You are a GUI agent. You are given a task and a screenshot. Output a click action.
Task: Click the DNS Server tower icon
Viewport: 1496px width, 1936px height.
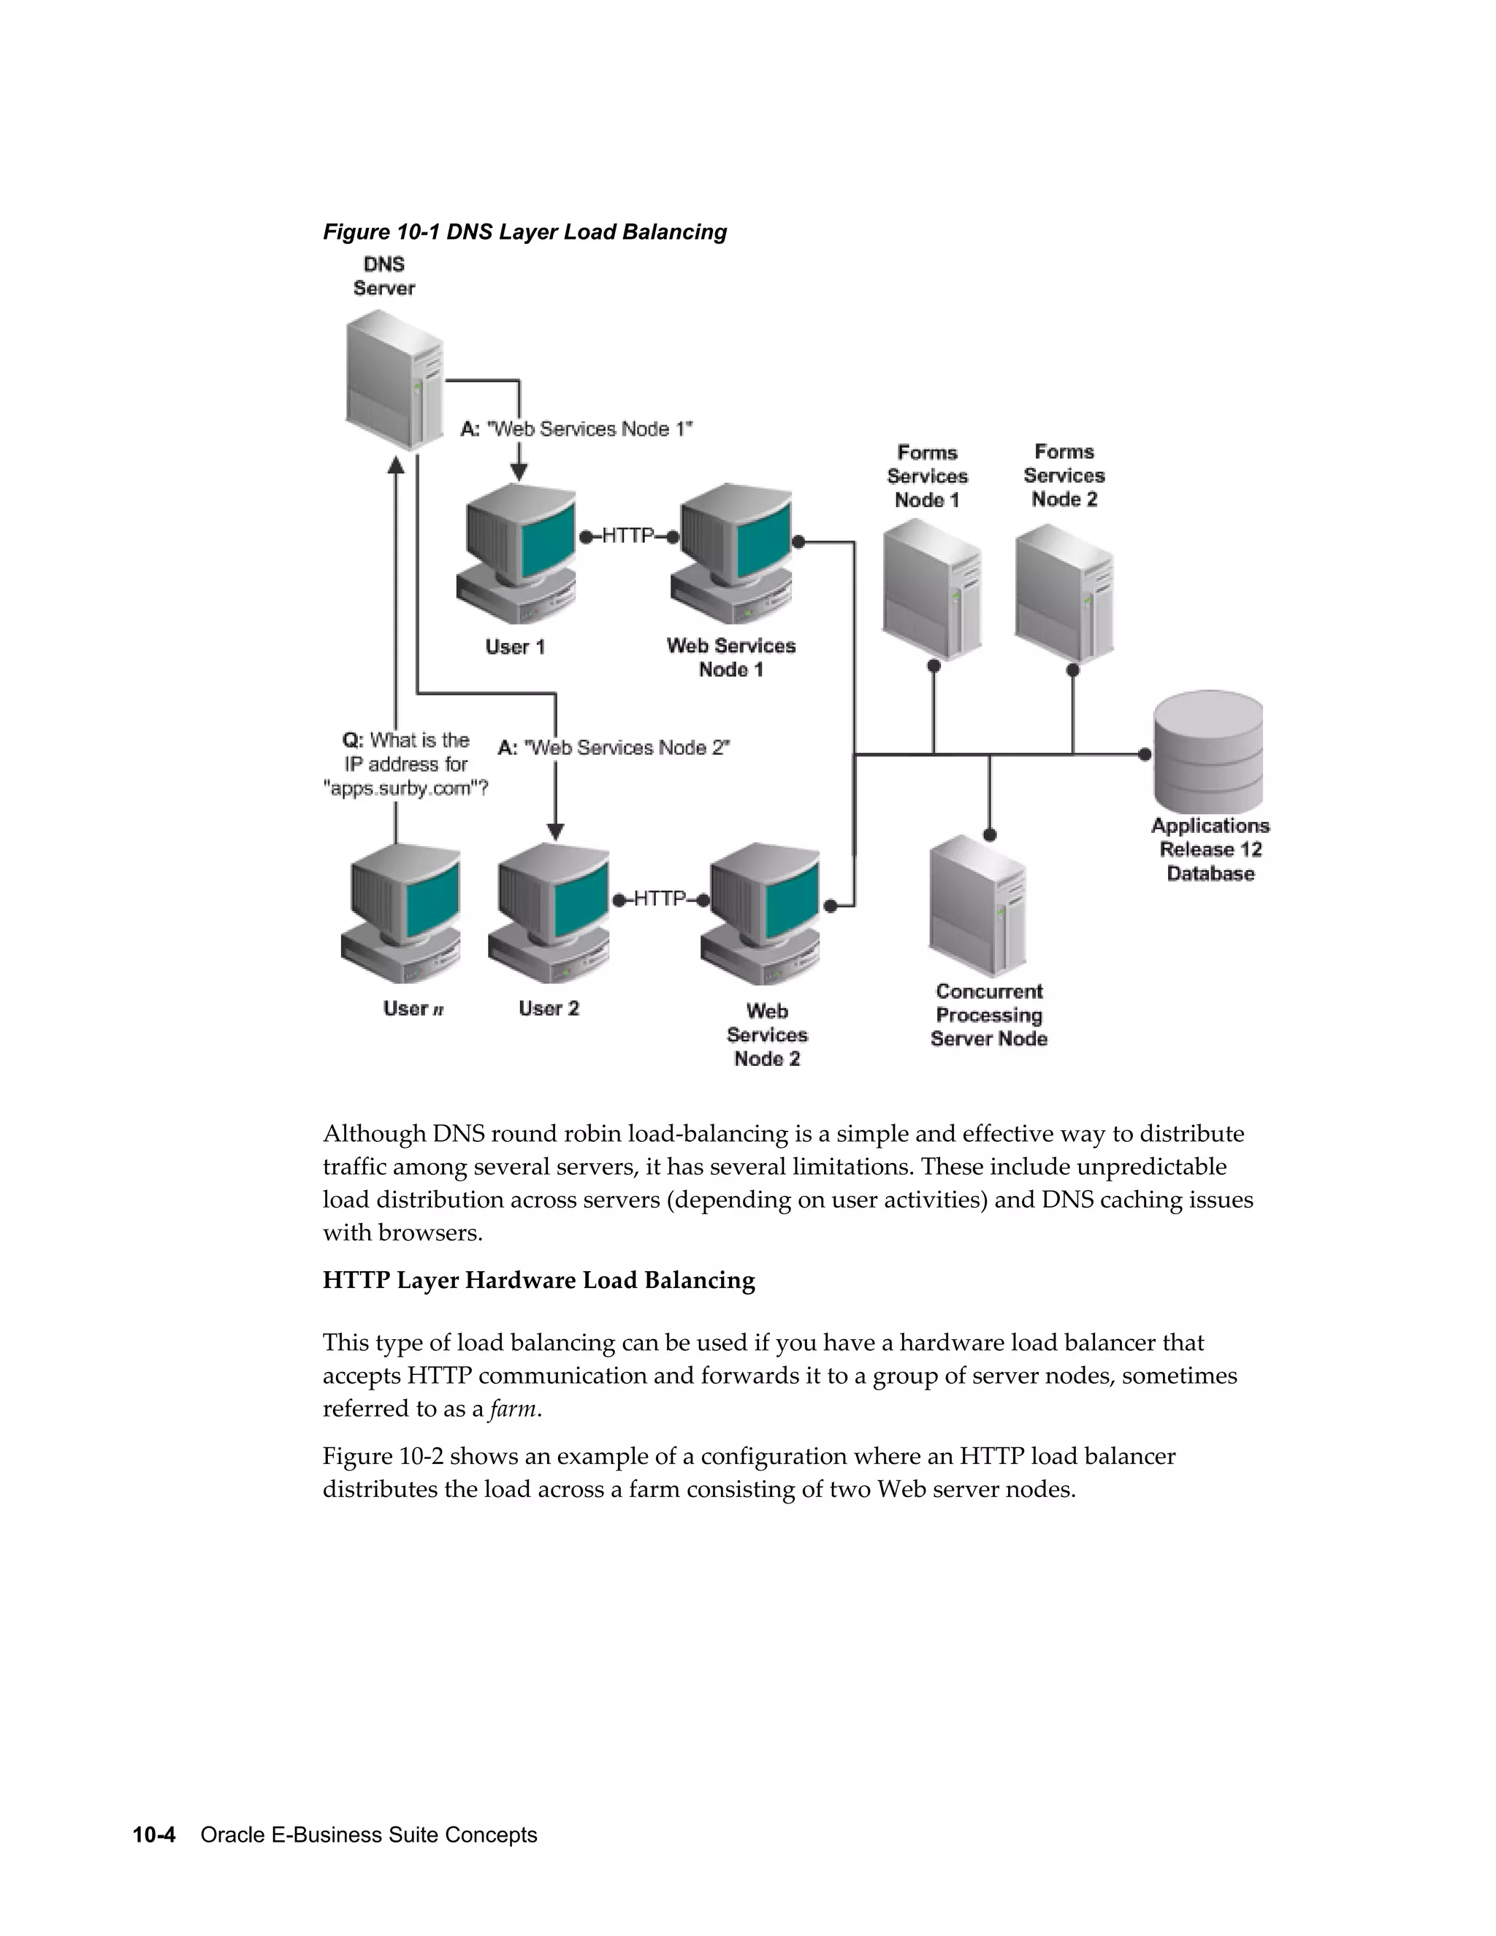(394, 381)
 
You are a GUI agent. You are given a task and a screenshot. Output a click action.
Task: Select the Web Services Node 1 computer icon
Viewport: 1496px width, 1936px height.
(732, 554)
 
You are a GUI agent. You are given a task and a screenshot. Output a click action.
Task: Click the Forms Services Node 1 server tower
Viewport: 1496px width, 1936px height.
(931, 590)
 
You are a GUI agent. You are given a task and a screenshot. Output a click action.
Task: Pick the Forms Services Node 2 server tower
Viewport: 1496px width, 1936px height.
(1064, 592)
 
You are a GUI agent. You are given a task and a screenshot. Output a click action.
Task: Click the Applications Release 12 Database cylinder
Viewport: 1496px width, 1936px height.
(1208, 752)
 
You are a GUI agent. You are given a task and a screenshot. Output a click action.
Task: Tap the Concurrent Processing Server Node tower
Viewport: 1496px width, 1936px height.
(978, 906)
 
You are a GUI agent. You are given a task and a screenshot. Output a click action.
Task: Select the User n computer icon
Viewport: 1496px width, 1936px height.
(402, 913)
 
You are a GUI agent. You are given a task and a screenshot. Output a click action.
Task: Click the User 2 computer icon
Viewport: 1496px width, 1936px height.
(549, 913)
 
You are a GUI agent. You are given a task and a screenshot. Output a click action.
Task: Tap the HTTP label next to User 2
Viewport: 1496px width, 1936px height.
(660, 899)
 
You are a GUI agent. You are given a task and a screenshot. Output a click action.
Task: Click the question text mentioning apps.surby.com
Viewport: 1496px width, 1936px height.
(406, 764)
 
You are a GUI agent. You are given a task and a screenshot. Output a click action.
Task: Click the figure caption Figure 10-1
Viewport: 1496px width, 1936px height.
(524, 232)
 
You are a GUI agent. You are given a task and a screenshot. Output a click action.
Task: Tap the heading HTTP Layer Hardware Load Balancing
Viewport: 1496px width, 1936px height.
(538, 1280)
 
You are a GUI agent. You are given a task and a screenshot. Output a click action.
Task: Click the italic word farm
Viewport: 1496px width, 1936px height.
(513, 1409)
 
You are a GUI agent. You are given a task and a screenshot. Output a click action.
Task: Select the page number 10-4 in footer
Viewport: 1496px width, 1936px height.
(154, 1835)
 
